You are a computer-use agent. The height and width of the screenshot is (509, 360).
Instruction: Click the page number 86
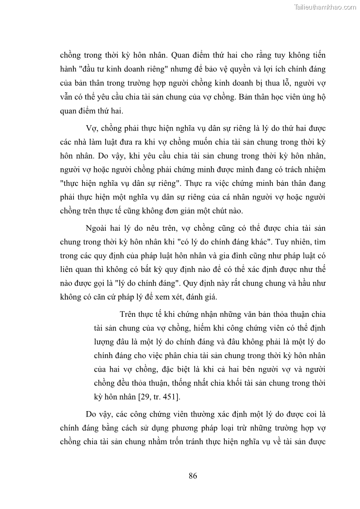click(193, 476)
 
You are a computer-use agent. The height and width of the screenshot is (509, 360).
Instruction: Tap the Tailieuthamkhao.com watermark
click(326, 7)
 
